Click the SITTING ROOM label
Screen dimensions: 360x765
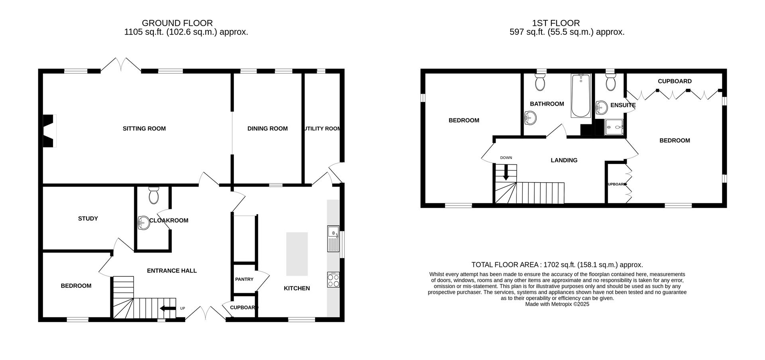[144, 128]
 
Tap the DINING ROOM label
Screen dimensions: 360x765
[267, 128]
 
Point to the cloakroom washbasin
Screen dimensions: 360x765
[143, 223]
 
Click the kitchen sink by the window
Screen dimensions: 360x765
[333, 238]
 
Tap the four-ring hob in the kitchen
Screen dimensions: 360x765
[333, 279]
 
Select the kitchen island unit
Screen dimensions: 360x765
[297, 254]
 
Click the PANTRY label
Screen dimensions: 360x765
[244, 279]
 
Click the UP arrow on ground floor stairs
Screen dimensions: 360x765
[168, 308]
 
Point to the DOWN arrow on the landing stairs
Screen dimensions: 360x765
[506, 173]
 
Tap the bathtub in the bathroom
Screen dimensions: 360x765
[581, 96]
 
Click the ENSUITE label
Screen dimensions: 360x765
[622, 105]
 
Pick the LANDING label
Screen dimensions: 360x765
[564, 160]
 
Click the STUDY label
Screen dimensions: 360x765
[88, 218]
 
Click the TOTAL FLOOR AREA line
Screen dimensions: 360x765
[557, 265]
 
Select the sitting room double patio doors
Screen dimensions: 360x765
[121, 66]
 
